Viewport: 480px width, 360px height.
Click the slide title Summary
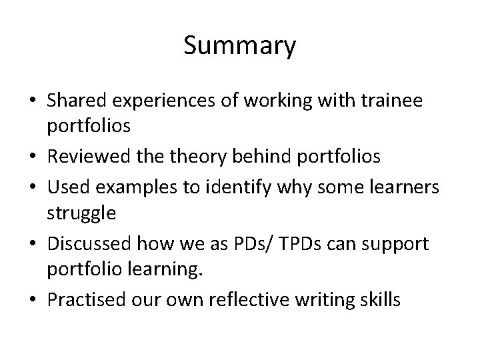[x=239, y=47]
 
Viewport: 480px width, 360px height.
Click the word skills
[x=379, y=301]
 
